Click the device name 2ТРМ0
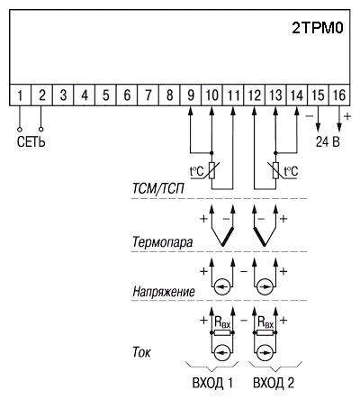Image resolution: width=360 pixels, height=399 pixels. pyautogui.click(x=318, y=28)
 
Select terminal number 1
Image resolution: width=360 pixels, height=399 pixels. pyautogui.click(x=20, y=95)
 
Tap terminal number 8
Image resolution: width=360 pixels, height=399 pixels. pyautogui.click(x=169, y=95)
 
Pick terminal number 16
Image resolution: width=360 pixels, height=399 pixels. pyautogui.click(x=339, y=95)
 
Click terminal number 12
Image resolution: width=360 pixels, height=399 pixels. pyautogui.click(x=255, y=95)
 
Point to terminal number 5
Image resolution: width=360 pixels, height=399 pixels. pyautogui.click(x=106, y=95)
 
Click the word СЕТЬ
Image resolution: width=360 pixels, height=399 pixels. pyautogui.click(x=31, y=142)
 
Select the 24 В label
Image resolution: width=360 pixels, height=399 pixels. pyautogui.click(x=328, y=142)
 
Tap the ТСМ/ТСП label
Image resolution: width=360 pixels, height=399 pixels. pyautogui.click(x=158, y=189)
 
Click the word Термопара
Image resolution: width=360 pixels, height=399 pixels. pyautogui.click(x=162, y=242)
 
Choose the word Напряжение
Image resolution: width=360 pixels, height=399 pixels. pyautogui.click(x=164, y=291)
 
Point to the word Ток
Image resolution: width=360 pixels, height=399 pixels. pyautogui.click(x=141, y=352)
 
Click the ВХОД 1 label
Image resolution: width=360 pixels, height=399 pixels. pyautogui.click(x=212, y=383)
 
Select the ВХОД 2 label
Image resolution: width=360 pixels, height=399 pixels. pyautogui.click(x=274, y=383)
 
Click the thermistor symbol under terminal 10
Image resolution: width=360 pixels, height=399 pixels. pyautogui.click(x=212, y=170)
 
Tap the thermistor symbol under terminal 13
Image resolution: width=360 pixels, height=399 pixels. pyautogui.click(x=275, y=170)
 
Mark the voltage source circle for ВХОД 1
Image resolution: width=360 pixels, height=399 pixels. pyautogui.click(x=222, y=287)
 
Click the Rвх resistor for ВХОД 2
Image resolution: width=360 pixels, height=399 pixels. pyautogui.click(x=265, y=332)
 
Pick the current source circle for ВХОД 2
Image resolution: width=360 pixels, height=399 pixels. pyautogui.click(x=265, y=352)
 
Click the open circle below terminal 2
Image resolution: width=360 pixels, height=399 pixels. pyautogui.click(x=41, y=130)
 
